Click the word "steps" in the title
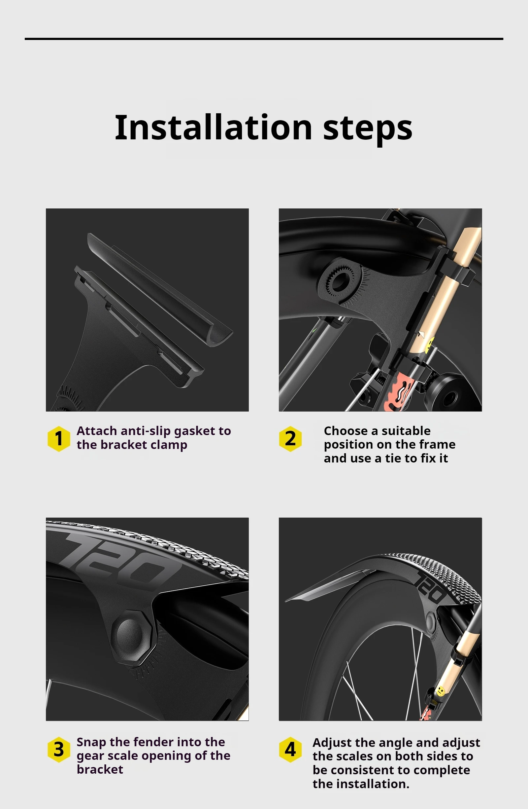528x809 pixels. (368, 129)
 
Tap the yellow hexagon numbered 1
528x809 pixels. (59, 438)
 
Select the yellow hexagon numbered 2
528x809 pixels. (290, 438)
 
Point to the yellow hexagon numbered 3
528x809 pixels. (59, 750)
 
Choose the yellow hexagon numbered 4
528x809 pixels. (290, 750)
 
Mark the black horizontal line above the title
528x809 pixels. (264, 39)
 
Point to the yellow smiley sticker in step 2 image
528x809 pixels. (430, 343)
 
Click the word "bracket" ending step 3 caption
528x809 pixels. (100, 770)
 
